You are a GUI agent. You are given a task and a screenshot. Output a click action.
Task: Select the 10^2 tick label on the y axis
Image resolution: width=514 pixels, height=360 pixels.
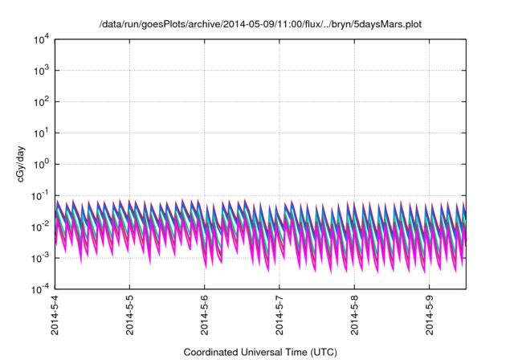coord(40,102)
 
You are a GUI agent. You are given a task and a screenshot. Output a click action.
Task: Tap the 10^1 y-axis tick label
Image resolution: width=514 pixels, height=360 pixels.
coord(40,133)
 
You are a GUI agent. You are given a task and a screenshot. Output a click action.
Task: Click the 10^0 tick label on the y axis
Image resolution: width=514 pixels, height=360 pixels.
coord(40,164)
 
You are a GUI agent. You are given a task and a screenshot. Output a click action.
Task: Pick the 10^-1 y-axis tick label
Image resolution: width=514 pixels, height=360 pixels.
coord(39,195)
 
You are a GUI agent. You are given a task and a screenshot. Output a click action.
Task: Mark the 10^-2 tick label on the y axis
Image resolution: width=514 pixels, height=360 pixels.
coord(39,227)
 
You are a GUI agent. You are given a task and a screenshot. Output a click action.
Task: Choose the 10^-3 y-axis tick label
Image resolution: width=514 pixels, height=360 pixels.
coord(39,257)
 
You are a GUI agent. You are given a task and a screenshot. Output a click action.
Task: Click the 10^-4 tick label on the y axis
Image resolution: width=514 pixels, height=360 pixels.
coord(39,288)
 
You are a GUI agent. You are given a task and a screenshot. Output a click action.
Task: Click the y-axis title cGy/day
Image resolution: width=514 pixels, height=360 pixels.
coord(26,164)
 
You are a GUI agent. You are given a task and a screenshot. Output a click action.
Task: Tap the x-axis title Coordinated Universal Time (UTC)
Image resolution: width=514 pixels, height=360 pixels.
coord(260,352)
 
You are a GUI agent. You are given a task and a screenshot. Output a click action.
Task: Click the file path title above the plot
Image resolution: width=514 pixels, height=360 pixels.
coord(260,25)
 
